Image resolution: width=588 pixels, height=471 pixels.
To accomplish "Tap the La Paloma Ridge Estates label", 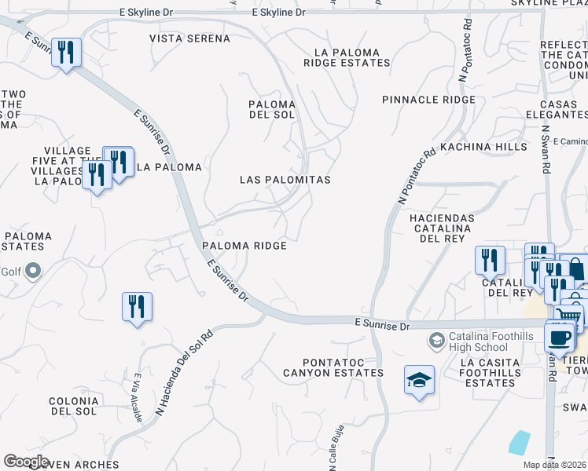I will point(351,57).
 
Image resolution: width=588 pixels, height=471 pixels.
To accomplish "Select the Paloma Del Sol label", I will point(272,109).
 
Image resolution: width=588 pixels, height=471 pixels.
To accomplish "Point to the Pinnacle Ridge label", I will point(428,100).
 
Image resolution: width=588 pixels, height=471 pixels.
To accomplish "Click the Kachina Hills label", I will point(483,147).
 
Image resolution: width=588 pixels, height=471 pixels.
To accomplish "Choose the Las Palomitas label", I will point(285,180).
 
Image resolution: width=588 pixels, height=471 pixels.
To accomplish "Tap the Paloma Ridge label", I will point(244,246).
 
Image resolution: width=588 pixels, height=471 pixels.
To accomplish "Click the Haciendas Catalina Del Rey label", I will point(443,228).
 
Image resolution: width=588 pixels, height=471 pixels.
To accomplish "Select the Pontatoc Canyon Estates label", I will point(333,373).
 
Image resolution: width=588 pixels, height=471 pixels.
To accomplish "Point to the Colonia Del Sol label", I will point(72,406).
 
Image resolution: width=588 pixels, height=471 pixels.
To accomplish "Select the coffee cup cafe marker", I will point(559,337).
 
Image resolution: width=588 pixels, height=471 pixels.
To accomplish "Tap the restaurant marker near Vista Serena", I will point(66,53).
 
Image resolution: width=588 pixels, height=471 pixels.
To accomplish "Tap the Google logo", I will point(26,462).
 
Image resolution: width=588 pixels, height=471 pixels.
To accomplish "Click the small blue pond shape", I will point(519,443).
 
